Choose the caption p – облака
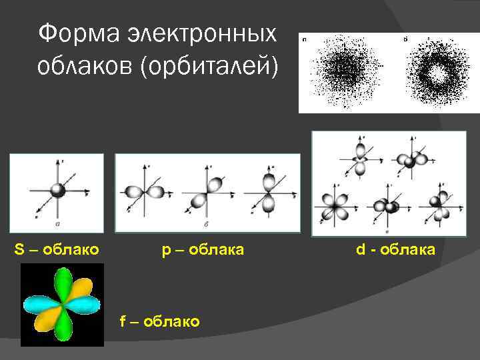203,250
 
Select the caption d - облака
395,250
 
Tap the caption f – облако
159,321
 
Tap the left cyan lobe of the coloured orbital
40,305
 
